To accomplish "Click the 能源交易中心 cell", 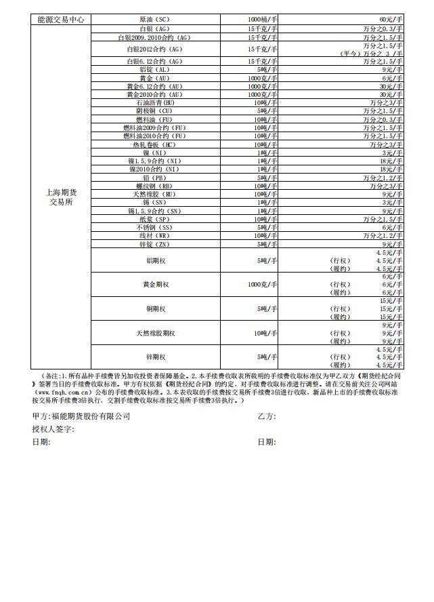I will [x=61, y=20].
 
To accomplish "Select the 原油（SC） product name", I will [x=155, y=20].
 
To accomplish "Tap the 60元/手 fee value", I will [x=391, y=20].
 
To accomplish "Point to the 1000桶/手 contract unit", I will [x=262, y=20].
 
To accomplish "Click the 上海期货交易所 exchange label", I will [x=61, y=197].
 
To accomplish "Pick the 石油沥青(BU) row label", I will [x=155, y=102].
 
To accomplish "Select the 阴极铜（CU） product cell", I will [x=155, y=111].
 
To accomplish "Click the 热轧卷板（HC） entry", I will [x=155, y=144].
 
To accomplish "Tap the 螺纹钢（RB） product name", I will [x=155, y=186].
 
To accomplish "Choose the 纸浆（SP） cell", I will [x=155, y=219].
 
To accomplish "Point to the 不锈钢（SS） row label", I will [x=155, y=227].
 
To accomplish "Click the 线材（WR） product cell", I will [x=155, y=235].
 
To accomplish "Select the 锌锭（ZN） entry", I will [x=155, y=244].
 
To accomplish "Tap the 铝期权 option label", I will [x=155, y=260].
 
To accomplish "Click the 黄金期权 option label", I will [x=155, y=285].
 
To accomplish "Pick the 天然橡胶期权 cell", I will [x=155, y=333].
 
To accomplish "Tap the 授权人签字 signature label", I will [x=52, y=429].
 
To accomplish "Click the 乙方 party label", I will [x=266, y=416].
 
